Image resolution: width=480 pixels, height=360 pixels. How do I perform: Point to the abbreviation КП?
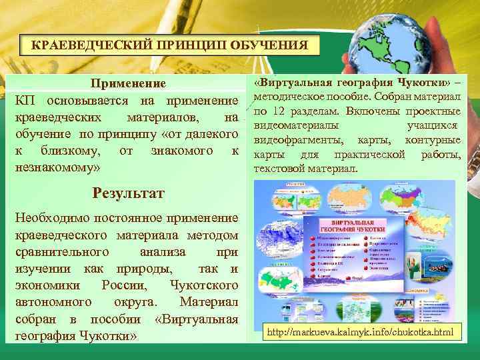click(x=25, y=101)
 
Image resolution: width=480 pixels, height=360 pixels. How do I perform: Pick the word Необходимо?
click(x=52, y=218)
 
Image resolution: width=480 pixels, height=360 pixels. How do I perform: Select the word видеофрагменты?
click(x=299, y=140)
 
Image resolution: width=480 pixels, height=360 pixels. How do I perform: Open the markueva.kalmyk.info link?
click(x=358, y=331)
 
